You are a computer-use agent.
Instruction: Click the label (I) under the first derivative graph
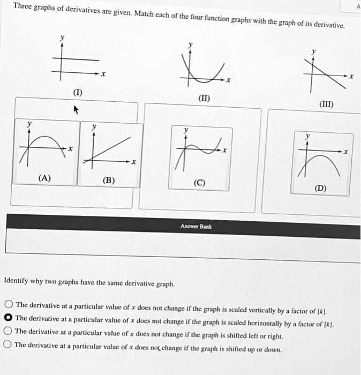coord(78,93)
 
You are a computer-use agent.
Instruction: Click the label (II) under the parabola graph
coord(204,98)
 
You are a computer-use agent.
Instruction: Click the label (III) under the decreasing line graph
coord(326,104)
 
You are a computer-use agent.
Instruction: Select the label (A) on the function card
coord(45,178)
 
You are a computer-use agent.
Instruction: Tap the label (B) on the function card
coord(109,181)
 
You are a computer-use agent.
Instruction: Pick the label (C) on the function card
coord(199,183)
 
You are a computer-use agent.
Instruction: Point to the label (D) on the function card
coord(321,188)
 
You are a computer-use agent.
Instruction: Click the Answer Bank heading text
coord(196,227)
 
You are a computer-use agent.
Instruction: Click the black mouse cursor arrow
coord(76,110)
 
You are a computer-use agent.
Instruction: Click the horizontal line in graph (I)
coord(80,59)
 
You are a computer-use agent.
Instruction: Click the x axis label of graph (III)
coord(351,77)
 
